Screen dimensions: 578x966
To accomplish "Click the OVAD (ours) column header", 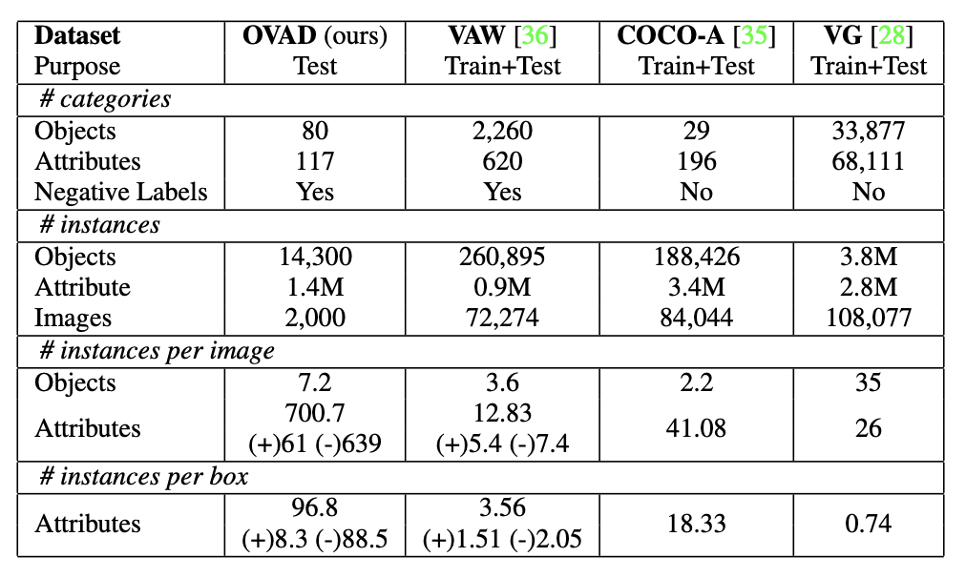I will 315,36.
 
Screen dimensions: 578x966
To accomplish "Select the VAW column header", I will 502,36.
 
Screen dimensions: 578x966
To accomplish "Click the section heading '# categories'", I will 105,98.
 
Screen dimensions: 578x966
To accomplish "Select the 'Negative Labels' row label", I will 120,191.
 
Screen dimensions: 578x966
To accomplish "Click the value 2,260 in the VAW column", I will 502,130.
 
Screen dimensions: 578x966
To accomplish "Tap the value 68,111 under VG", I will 869,161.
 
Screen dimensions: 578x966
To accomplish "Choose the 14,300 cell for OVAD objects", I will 315,256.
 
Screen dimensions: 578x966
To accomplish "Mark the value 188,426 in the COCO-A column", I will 696,256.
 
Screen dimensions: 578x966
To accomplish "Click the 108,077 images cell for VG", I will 869,317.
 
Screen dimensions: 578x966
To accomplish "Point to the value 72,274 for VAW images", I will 502,317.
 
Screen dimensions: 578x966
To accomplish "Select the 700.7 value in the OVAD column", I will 315,413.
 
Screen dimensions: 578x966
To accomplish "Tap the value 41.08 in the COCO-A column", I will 696,428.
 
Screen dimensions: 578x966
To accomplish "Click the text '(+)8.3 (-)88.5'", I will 315,539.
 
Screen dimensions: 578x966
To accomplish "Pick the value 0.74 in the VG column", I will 869,523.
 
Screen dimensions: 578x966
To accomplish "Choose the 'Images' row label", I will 73,317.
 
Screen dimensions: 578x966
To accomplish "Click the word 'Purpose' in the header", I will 77,66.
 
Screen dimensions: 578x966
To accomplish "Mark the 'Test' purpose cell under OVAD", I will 315,66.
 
